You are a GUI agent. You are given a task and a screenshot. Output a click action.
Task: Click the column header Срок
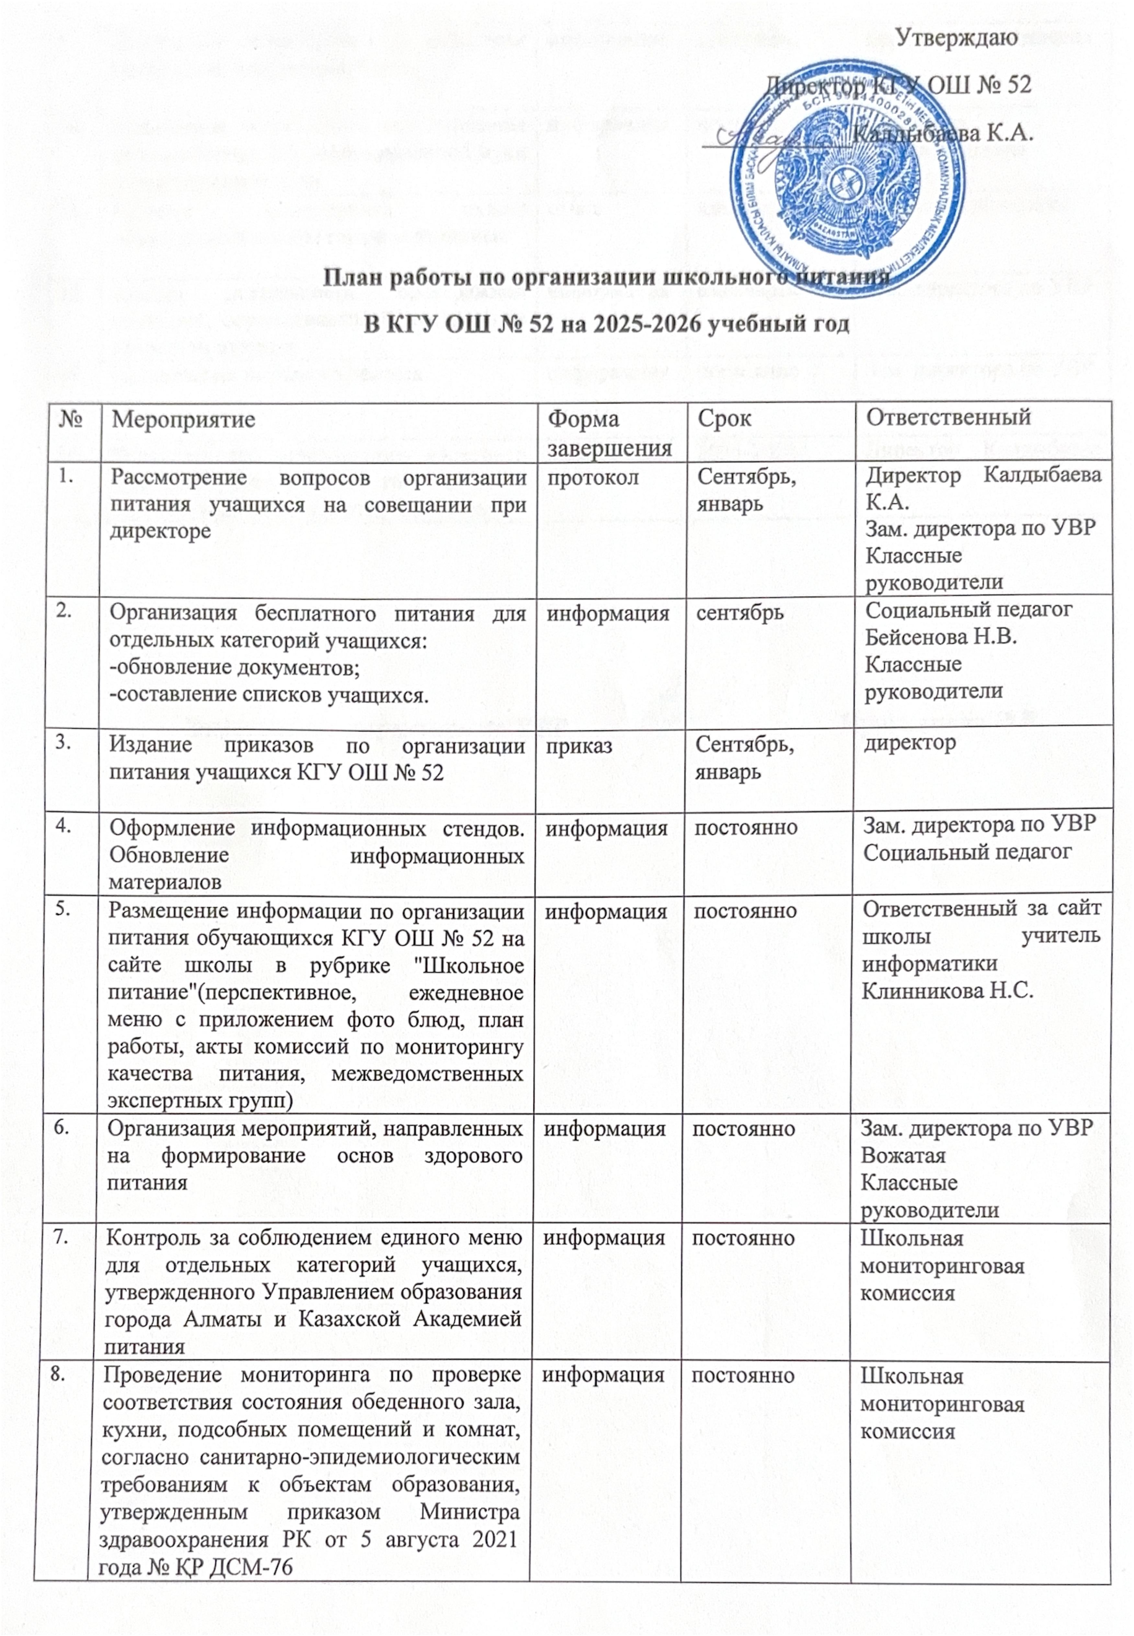coord(724,418)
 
